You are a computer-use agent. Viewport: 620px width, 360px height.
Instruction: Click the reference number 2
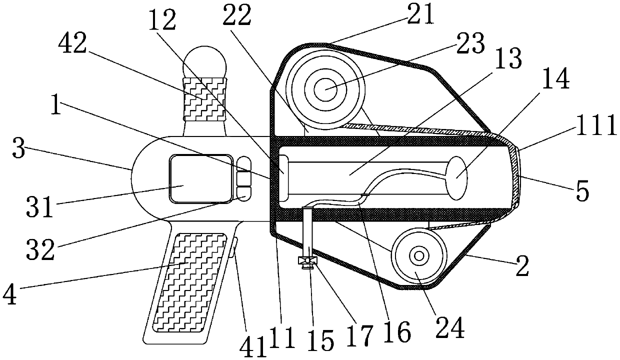point(522,268)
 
